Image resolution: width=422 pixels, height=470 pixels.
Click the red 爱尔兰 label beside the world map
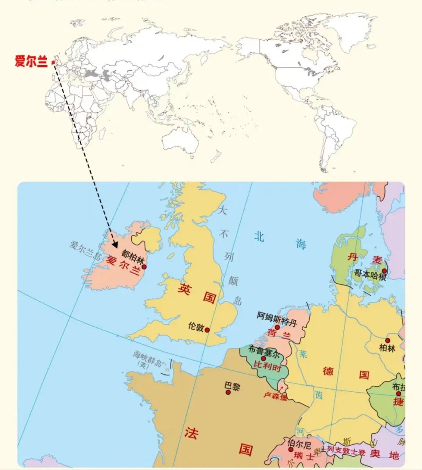31,61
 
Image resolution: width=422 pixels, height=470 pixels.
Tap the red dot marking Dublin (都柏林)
144,267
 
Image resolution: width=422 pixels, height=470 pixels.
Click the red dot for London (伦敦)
207,330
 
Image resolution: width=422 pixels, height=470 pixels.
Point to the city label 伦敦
195,327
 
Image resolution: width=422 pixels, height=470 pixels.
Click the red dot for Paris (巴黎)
229,392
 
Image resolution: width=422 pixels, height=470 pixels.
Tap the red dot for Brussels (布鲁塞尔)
263,358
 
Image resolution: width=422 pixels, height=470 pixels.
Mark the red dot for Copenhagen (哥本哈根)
384,270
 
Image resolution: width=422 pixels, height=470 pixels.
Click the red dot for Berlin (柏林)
388,341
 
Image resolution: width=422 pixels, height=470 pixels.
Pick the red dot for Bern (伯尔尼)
291,450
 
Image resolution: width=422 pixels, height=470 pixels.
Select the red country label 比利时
268,366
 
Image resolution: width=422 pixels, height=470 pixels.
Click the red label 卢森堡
275,396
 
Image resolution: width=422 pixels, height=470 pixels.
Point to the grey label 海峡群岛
147,356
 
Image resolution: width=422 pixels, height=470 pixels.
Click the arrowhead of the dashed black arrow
115,245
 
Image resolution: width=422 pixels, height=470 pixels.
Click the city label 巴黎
232,386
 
